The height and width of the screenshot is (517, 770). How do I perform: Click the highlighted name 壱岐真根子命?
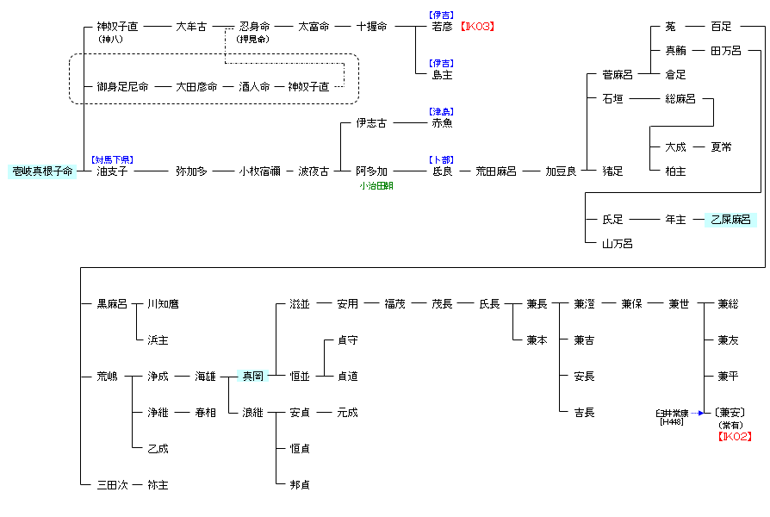point(41,171)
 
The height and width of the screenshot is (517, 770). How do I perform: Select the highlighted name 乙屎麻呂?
point(730,220)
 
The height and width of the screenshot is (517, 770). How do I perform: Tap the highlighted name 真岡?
point(252,377)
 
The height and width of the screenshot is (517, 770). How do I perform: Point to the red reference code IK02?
point(735,437)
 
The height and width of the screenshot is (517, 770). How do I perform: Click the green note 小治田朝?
point(376,185)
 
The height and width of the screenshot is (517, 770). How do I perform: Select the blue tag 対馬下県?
point(112,160)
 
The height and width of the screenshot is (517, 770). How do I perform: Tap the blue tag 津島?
point(442,112)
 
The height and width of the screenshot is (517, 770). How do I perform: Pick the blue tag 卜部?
point(442,160)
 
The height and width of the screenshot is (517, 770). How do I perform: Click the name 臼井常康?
point(671,414)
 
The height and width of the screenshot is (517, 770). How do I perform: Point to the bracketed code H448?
point(671,422)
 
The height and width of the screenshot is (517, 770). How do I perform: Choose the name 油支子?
point(112,171)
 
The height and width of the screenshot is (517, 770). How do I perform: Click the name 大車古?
point(191,27)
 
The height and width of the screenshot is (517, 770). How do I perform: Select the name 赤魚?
point(443,123)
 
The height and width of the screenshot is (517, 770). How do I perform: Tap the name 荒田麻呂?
point(496,171)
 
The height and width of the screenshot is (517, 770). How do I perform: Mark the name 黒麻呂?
point(112,304)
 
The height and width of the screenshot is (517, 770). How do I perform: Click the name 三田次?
point(112,485)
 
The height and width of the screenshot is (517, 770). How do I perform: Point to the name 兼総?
point(728,304)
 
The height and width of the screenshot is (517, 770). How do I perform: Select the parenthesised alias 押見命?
point(253,39)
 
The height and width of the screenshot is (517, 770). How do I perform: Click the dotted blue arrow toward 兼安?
point(699,413)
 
